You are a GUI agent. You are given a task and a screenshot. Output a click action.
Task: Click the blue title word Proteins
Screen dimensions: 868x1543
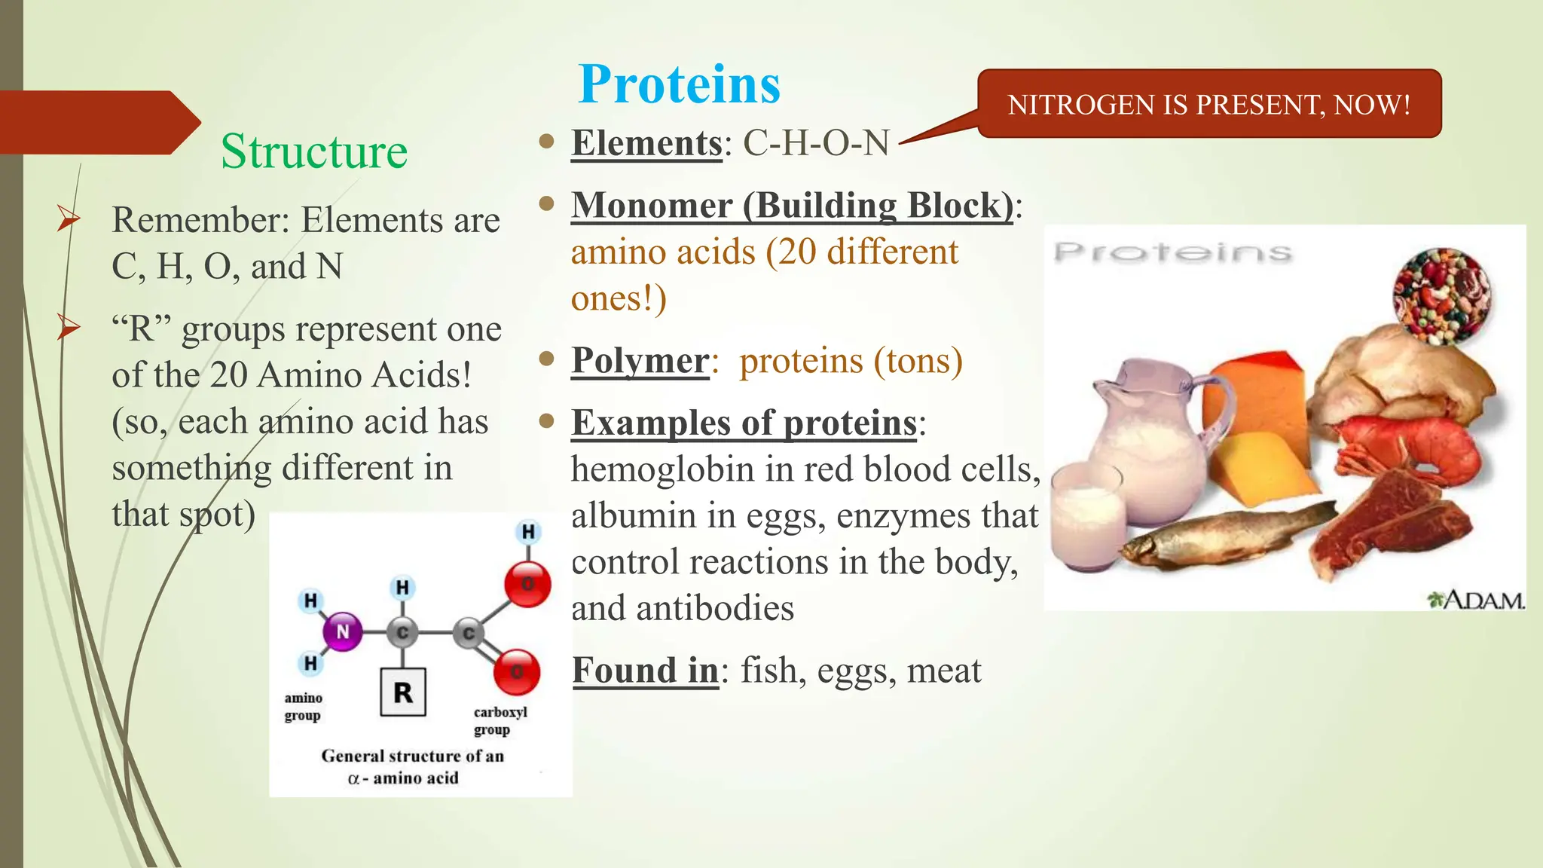679,84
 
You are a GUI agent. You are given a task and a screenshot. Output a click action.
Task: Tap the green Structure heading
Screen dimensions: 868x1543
313,151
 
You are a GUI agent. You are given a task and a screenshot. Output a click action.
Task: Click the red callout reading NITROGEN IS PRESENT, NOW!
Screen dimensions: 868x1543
1208,104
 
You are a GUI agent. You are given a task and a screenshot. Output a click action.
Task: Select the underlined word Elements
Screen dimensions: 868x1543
646,143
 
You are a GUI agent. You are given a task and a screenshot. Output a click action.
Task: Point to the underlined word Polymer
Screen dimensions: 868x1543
640,361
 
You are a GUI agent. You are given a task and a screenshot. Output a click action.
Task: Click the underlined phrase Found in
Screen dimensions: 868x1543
645,671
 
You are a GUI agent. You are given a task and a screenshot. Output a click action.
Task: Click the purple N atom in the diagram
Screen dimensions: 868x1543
342,631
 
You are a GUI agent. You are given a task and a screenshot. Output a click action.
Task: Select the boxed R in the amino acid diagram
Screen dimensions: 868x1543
403,692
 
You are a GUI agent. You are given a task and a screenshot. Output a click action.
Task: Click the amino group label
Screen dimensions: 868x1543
303,707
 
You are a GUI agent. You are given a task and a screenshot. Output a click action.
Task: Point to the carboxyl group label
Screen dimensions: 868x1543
500,720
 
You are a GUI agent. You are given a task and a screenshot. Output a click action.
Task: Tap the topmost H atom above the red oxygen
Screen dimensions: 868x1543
528,532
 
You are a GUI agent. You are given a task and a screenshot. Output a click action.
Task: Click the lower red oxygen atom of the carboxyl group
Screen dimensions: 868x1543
517,671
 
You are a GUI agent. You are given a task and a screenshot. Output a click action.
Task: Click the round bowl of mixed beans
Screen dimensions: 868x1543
1441,295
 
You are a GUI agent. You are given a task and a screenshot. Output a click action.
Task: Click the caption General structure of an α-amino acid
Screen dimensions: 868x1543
411,766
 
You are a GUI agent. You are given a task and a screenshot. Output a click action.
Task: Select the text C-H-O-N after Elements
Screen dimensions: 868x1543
816,143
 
